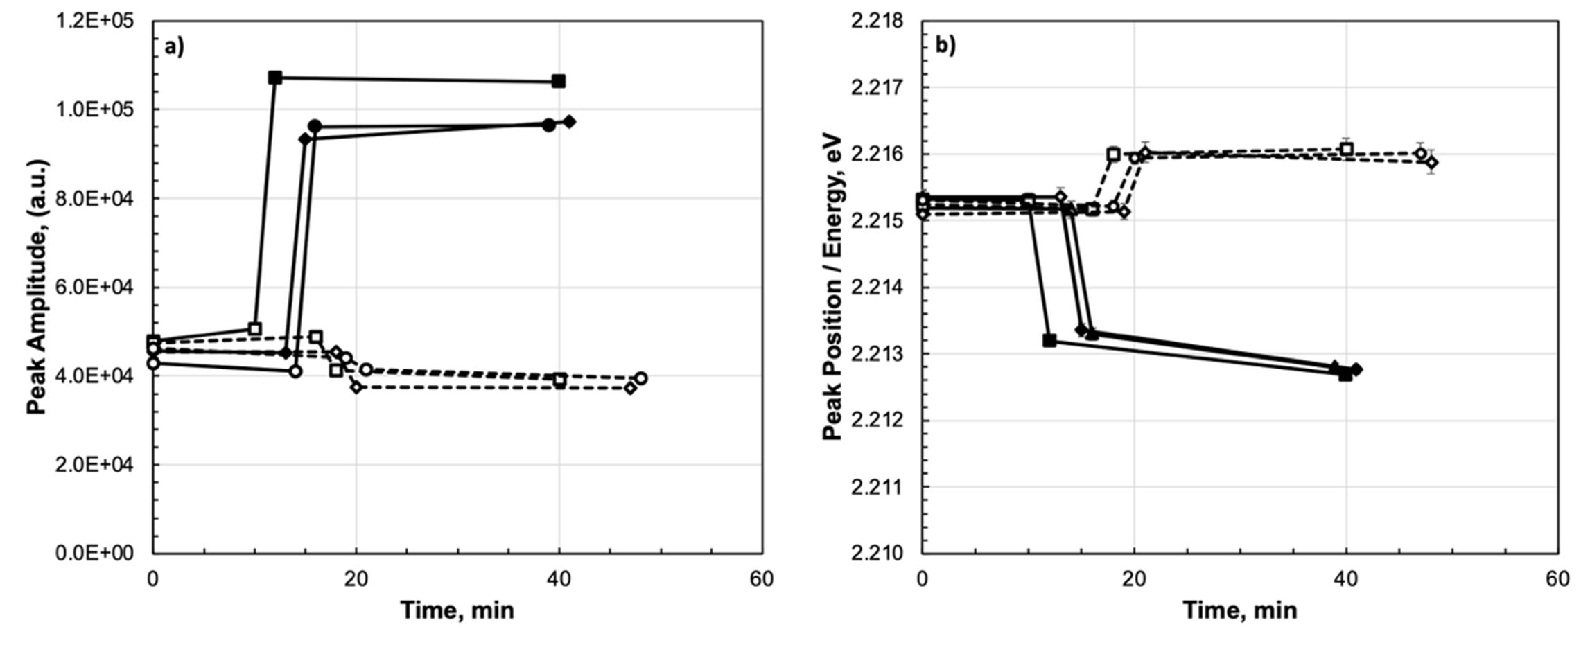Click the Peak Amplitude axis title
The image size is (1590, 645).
coord(37,288)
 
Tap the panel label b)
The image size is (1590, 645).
coord(945,46)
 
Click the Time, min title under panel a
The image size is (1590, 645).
coord(457,610)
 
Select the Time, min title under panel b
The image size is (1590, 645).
coord(1239,610)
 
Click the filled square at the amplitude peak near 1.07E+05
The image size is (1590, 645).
coord(275,77)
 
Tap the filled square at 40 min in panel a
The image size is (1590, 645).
coord(559,81)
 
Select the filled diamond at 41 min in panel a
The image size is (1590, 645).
coord(570,122)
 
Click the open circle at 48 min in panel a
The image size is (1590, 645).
coord(640,378)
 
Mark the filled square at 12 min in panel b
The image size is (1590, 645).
coord(1049,340)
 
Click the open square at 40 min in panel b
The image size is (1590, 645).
coord(1346,149)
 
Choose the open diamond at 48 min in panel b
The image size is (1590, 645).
coord(1431,162)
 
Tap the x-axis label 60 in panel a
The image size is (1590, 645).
coord(762,579)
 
